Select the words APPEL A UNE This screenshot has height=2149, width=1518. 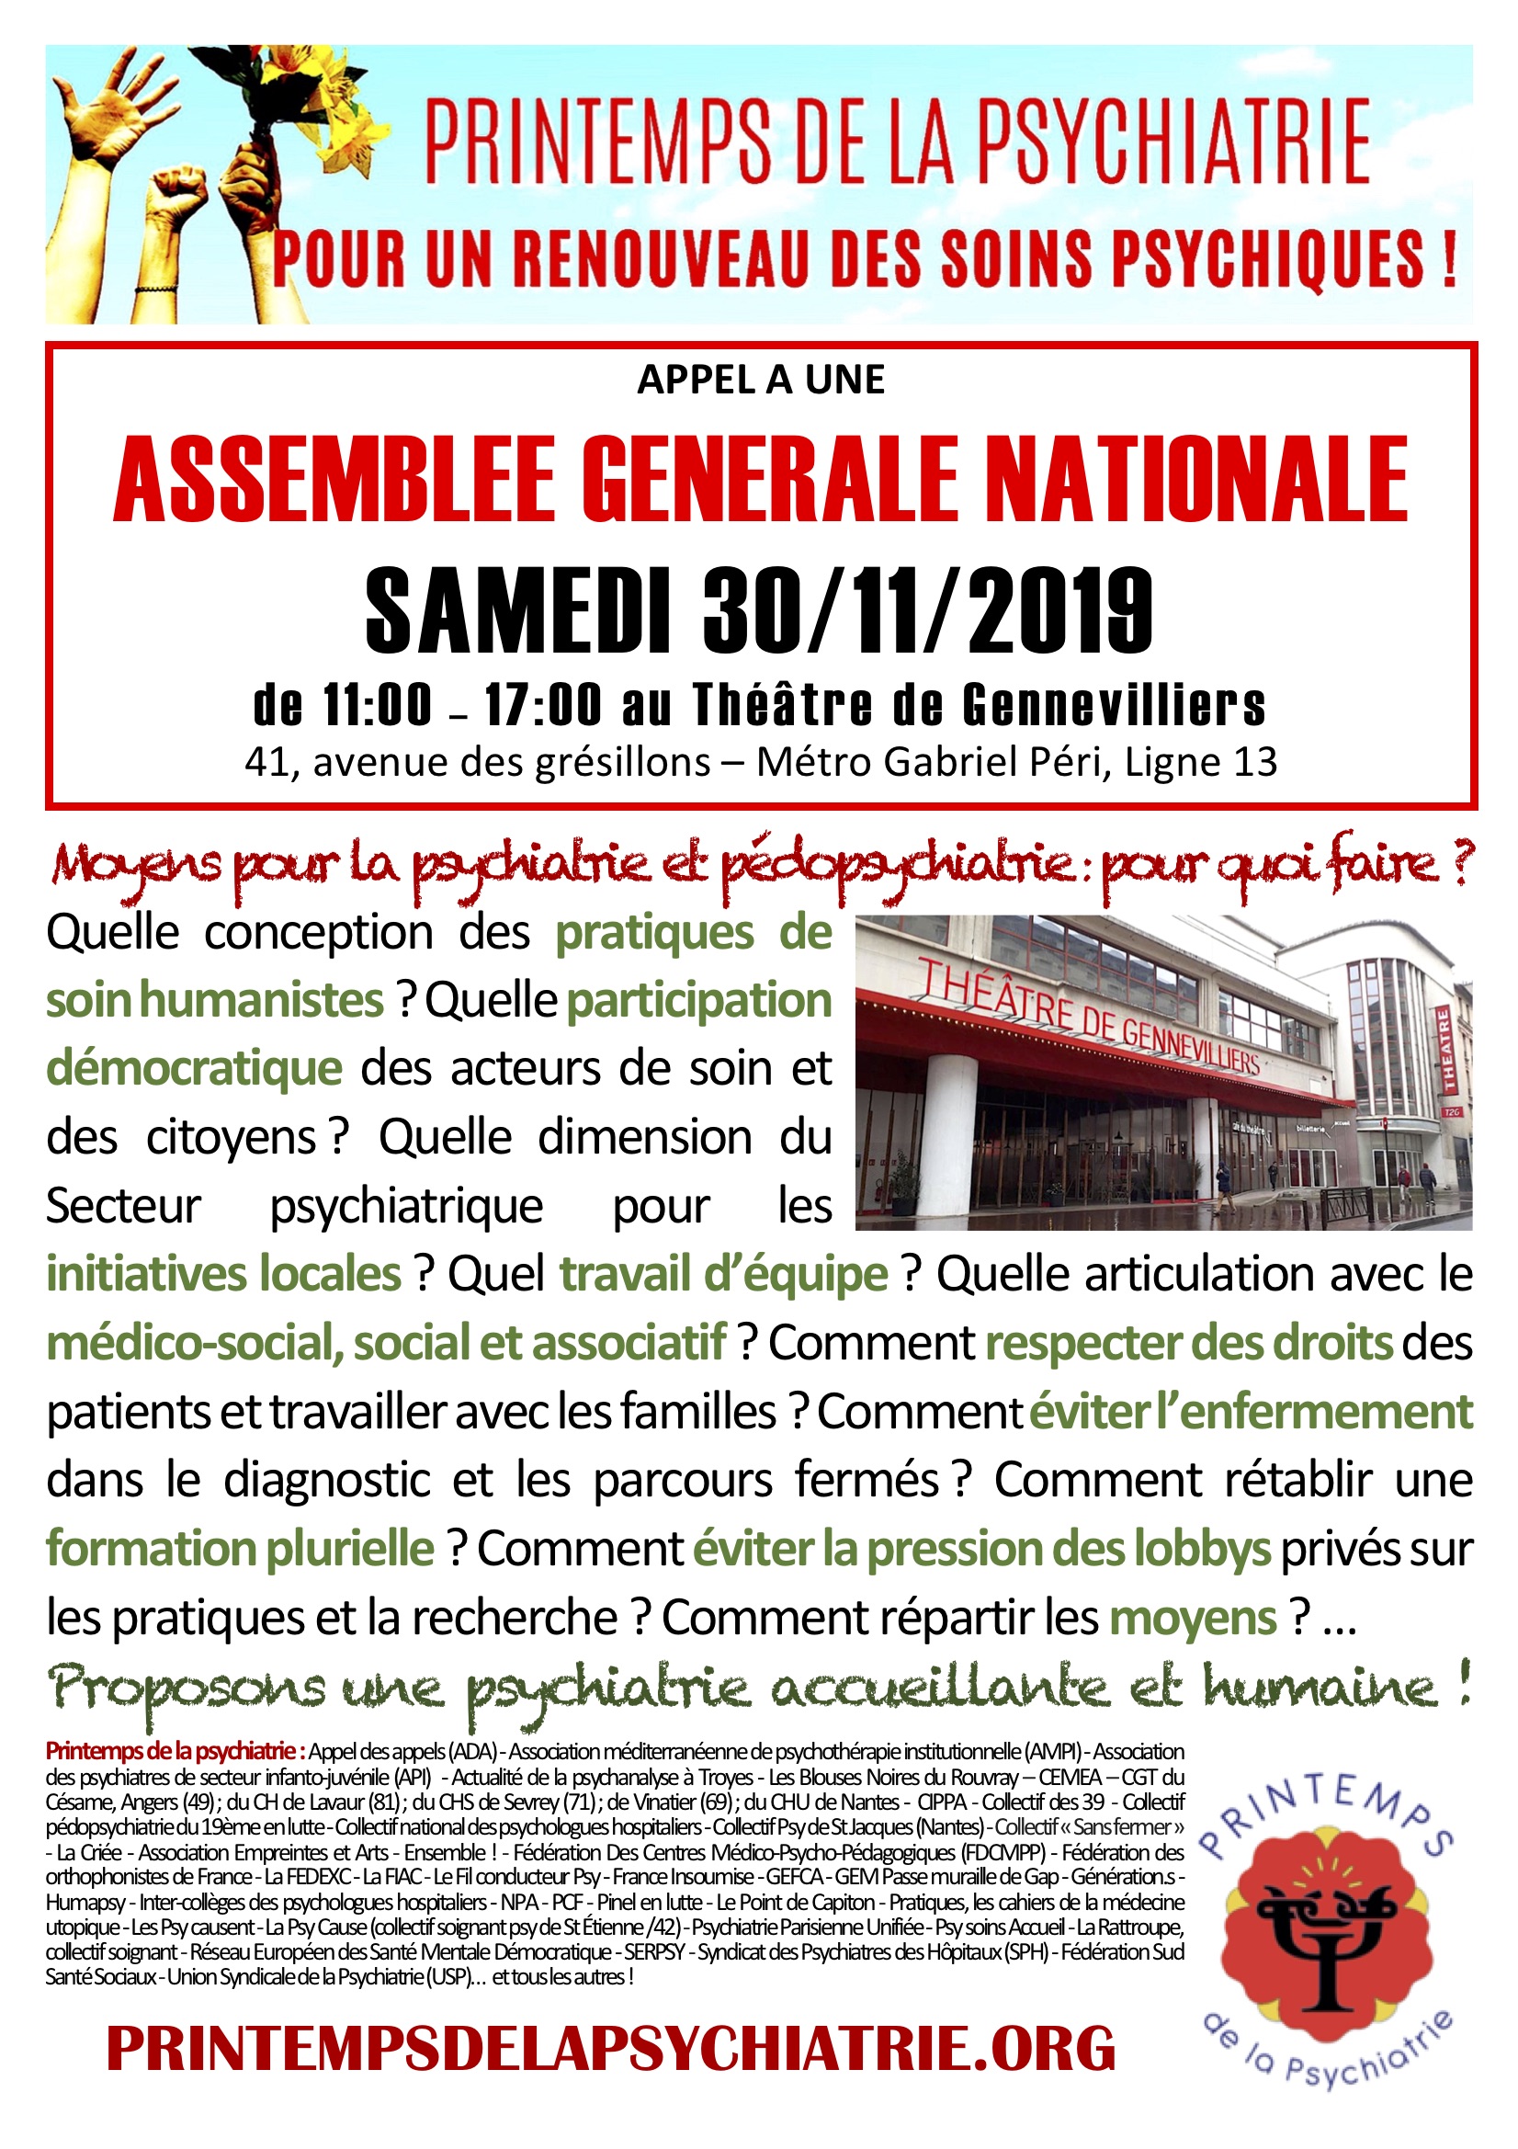pos(761,380)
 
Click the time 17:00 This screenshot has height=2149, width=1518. pos(543,706)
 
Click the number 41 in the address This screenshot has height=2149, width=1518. pos(266,763)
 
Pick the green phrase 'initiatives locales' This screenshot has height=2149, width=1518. pos(223,1275)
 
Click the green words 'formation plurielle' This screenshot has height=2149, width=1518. pos(240,1549)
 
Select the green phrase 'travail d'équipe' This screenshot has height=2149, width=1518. pos(723,1275)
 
